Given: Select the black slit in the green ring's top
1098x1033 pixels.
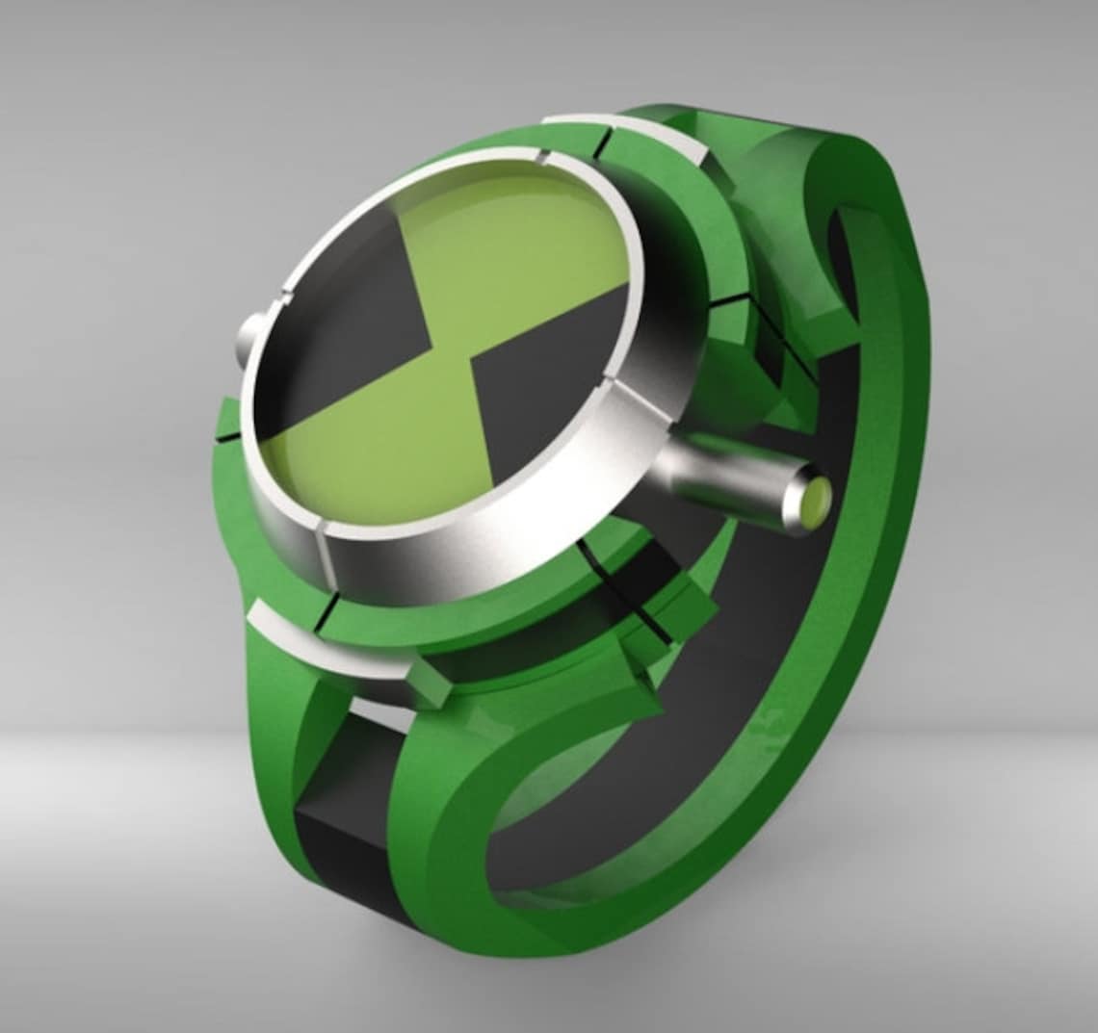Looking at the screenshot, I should point(606,142).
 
